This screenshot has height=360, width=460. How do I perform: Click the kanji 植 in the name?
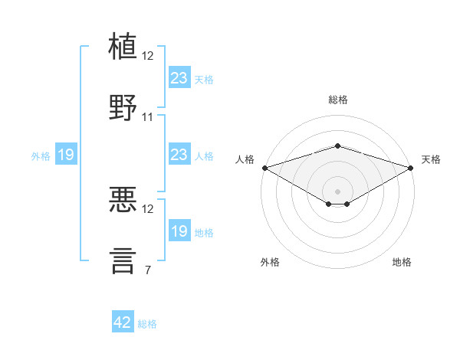123,46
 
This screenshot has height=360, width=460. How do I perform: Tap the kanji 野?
123,107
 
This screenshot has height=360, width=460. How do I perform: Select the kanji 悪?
123,199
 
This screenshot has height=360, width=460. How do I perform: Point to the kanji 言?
123,260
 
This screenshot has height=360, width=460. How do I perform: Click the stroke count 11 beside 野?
147,117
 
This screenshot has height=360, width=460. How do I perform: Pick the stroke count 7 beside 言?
148,270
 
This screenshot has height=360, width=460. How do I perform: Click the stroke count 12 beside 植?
147,56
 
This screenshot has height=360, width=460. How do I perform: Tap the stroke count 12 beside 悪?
147,209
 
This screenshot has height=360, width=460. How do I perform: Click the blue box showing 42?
123,321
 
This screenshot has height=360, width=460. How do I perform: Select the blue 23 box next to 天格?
179,77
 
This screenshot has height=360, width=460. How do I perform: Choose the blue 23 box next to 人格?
179,154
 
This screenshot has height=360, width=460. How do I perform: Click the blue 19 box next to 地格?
179,230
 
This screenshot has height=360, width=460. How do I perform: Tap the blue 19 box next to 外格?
66,154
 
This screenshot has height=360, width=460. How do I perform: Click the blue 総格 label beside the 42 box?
147,324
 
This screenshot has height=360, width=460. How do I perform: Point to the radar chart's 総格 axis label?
338,100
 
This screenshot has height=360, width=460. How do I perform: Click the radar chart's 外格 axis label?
270,262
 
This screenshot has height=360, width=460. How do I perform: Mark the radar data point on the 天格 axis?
411,168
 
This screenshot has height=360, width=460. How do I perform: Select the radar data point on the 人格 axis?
265,168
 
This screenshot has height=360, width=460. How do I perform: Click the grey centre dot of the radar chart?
337,191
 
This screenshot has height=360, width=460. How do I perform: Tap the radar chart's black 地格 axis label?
402,262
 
